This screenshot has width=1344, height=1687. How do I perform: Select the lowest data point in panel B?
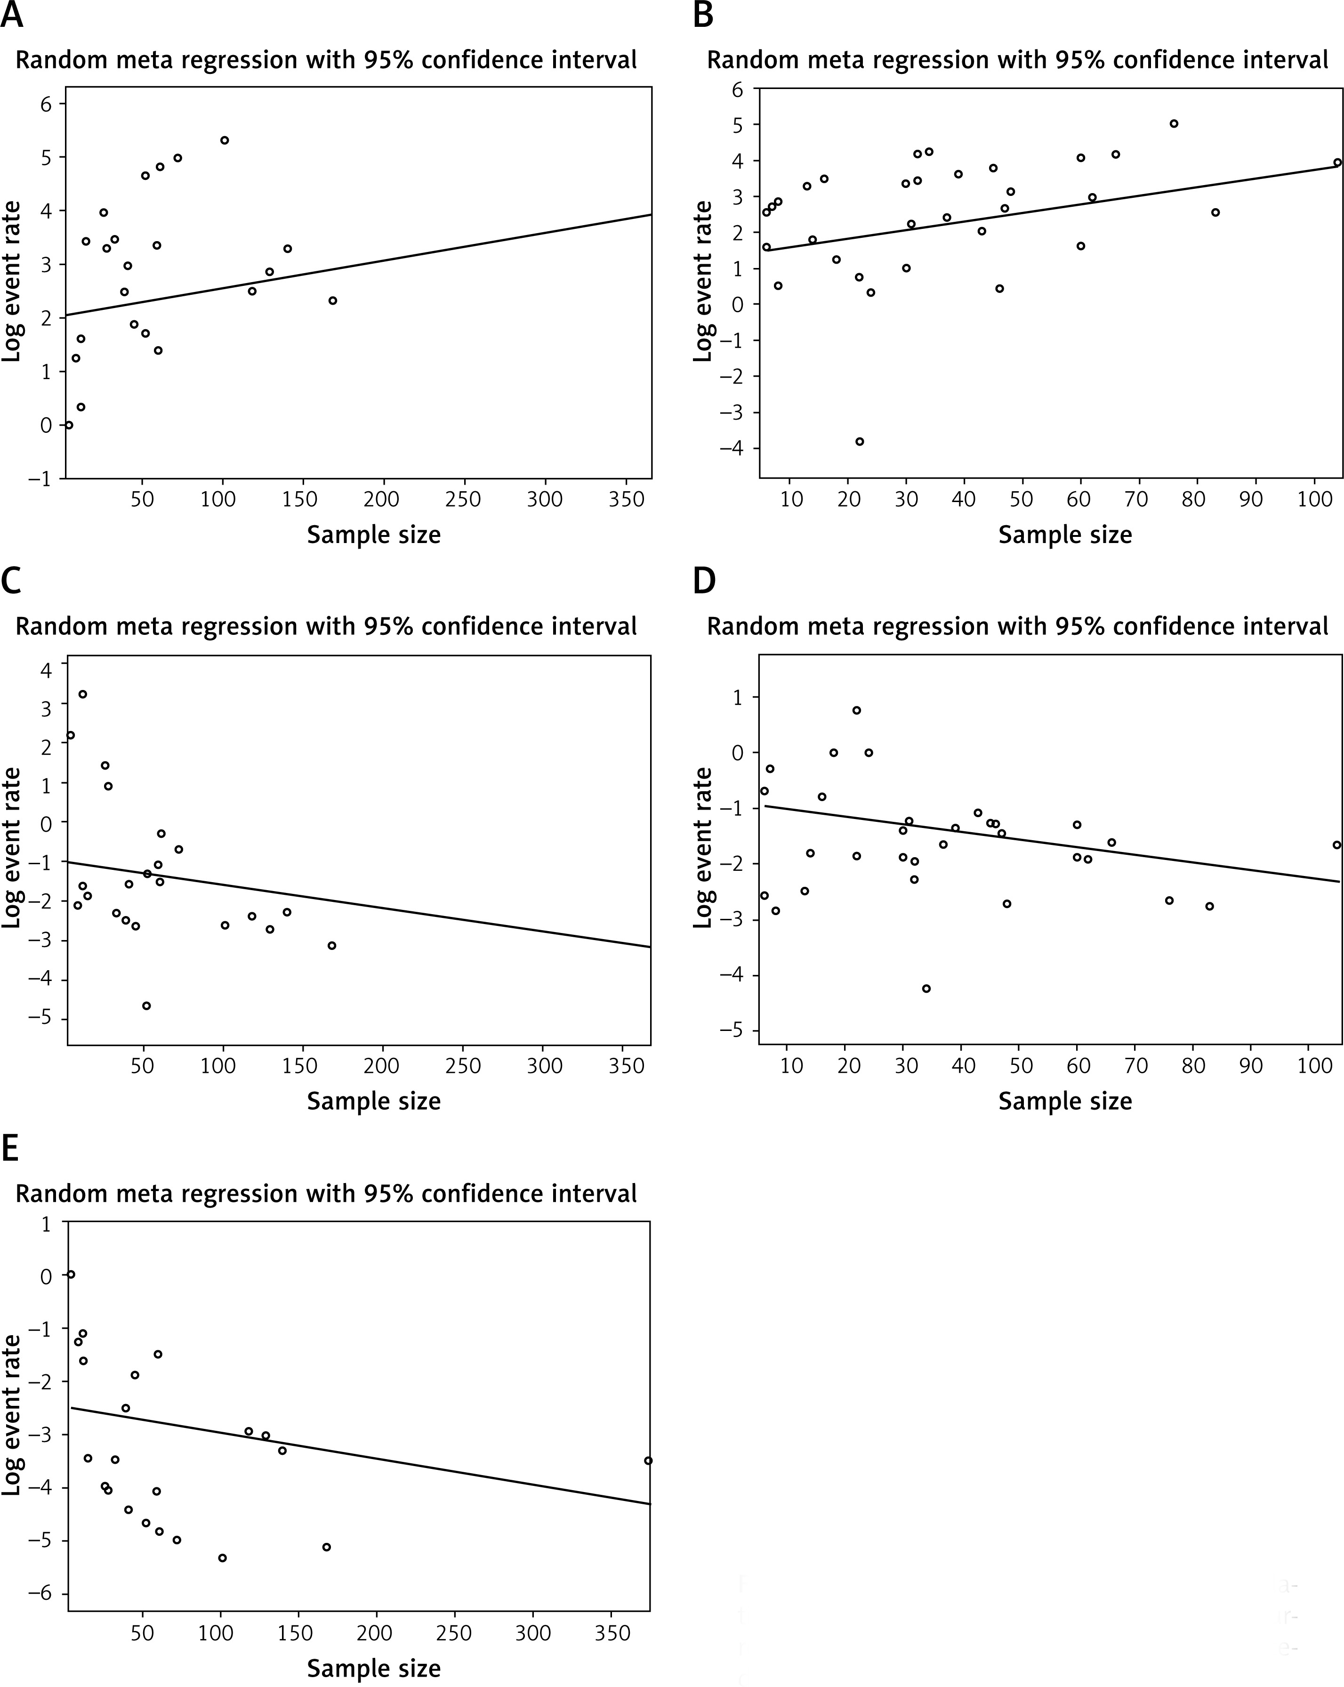click(x=859, y=441)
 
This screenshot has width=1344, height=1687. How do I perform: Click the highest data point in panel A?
click(x=225, y=140)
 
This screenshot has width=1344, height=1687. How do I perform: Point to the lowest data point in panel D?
click(x=926, y=988)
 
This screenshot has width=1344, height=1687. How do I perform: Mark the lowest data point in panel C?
click(x=146, y=1006)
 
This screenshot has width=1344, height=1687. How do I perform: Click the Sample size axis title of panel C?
click(x=373, y=1101)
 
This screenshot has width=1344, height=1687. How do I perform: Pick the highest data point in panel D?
click(x=857, y=711)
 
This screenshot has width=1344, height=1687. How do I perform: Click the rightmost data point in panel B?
click(x=1337, y=163)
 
